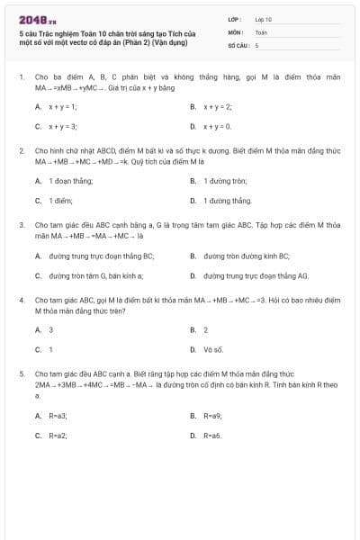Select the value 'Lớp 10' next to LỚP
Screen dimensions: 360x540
pyautogui.click(x=263, y=18)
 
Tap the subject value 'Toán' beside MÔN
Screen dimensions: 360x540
pyautogui.click(x=261, y=31)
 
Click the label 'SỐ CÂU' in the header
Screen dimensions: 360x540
pyautogui.click(x=238, y=44)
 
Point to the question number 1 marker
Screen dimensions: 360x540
pyautogui.click(x=21, y=77)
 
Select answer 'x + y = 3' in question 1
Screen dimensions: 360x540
pyautogui.click(x=63, y=127)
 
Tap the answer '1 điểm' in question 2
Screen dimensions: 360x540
pyautogui.click(x=61, y=201)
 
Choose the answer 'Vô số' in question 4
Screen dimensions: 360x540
pyautogui.click(x=212, y=348)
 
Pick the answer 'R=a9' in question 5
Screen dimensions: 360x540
pyautogui.click(x=212, y=416)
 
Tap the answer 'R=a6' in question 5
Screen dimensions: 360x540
pyautogui.click(x=212, y=436)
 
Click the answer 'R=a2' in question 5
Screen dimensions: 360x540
pyautogui.click(x=58, y=436)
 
